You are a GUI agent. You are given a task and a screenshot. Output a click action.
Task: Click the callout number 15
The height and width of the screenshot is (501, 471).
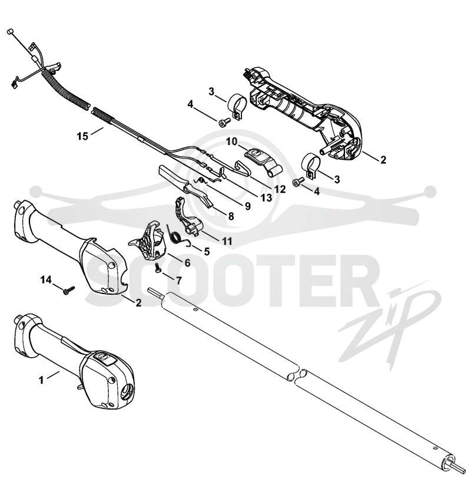click(x=82, y=136)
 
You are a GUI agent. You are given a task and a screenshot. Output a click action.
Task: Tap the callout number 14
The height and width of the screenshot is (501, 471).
click(x=46, y=280)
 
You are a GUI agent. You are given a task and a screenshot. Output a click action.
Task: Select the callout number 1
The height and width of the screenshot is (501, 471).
click(x=41, y=380)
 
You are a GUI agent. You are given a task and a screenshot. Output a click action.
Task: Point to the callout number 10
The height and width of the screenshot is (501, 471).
click(x=232, y=141)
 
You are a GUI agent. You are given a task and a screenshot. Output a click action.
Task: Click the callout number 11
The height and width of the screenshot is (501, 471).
click(x=227, y=240)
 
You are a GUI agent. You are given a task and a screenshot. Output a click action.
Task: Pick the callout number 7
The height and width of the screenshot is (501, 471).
click(x=179, y=281)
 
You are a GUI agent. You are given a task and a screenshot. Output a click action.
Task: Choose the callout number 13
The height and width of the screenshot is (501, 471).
click(x=267, y=198)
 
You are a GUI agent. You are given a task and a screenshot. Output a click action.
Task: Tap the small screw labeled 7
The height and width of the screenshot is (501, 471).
click(x=158, y=268)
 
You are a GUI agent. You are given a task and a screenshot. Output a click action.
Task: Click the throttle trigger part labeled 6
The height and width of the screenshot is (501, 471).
click(x=147, y=240)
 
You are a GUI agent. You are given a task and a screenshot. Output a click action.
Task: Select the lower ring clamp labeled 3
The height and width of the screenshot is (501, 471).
click(x=311, y=165)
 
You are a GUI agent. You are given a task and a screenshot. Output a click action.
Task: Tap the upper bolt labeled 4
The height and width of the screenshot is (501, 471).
click(x=225, y=122)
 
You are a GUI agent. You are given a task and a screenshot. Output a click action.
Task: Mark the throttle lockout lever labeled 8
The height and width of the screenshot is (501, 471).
click(x=185, y=185)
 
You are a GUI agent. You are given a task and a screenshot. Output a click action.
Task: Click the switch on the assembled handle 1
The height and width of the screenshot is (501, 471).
click(x=102, y=357)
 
